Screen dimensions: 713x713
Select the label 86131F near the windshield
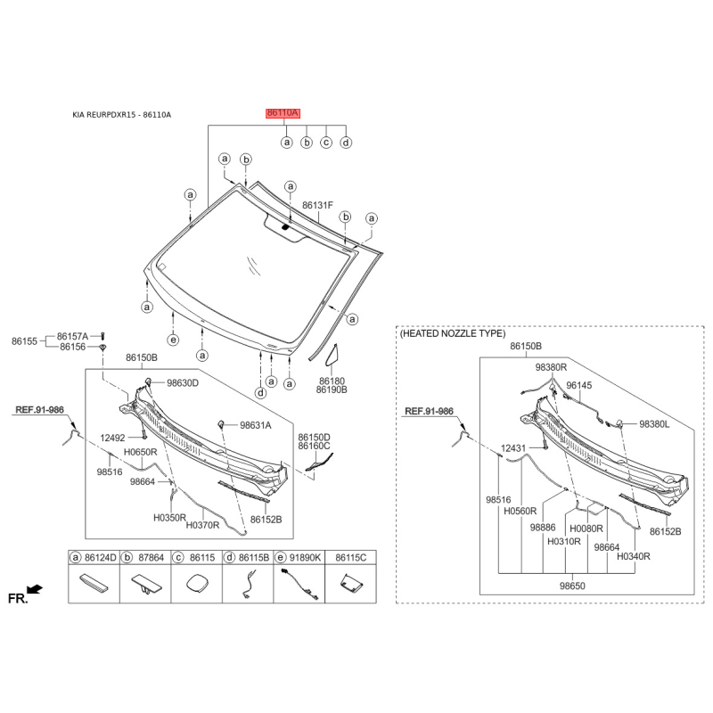pyautogui.click(x=317, y=205)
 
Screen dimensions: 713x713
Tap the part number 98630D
pyautogui.click(x=183, y=383)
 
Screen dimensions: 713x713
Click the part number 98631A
pyautogui.click(x=255, y=426)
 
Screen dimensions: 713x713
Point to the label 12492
pyautogui.click(x=113, y=438)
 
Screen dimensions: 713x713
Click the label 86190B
pyautogui.click(x=332, y=389)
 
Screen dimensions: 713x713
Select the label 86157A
pyautogui.click(x=73, y=335)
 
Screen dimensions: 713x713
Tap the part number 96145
pyautogui.click(x=579, y=386)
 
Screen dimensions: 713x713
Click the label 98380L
pyautogui.click(x=654, y=425)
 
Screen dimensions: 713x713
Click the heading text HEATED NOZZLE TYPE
pyautogui.click(x=453, y=332)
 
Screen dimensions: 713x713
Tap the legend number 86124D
pyautogui.click(x=99, y=557)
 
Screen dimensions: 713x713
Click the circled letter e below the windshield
pyautogui.click(x=173, y=340)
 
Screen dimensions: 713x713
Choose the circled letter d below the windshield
pyautogui.click(x=260, y=392)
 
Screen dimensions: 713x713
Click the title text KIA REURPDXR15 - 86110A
pyautogui.click(x=122, y=115)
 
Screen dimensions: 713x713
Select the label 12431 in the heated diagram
pyautogui.click(x=514, y=447)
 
